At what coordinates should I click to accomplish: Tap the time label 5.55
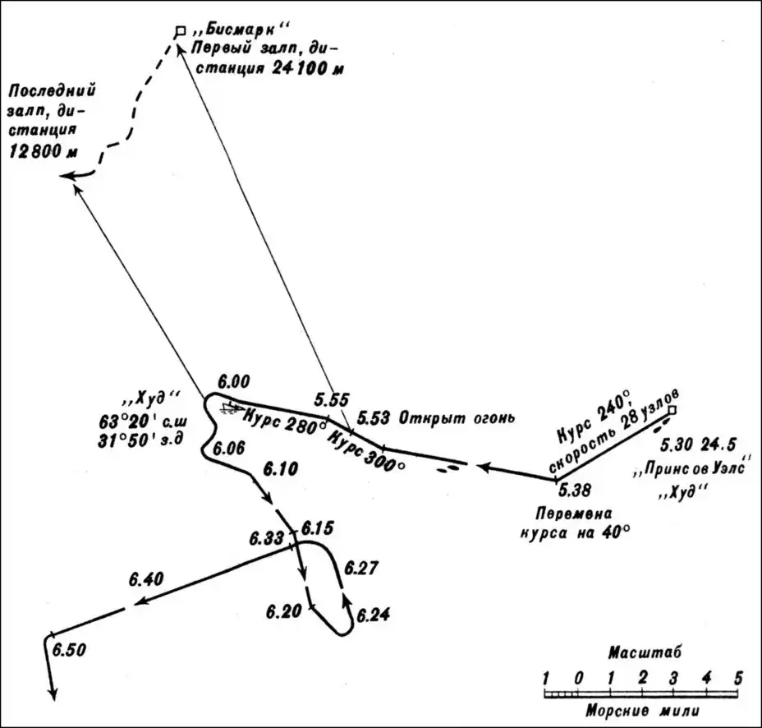(x=331, y=400)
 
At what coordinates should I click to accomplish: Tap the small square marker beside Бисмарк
(x=180, y=31)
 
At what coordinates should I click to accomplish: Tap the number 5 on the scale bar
(x=738, y=678)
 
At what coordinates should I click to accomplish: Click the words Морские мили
(x=642, y=708)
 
